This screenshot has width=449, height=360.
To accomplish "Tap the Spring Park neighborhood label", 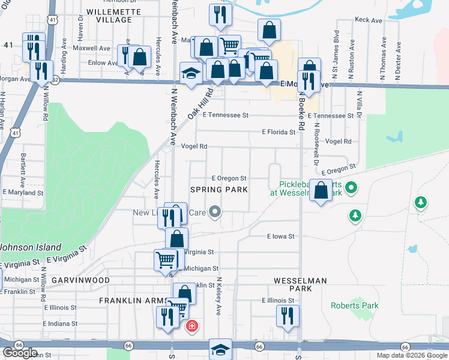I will tap(219, 190).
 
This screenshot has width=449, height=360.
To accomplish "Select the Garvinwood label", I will tap(80, 280).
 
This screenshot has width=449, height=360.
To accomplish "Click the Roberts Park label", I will tap(355, 305).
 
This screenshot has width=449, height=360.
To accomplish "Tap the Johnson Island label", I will tap(31, 247).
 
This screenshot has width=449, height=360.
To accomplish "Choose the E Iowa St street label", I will tap(281, 237).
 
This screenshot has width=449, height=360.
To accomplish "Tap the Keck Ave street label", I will tap(369, 20).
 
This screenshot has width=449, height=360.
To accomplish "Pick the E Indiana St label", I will tap(61, 323).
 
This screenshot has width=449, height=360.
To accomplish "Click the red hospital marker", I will tap(192, 326).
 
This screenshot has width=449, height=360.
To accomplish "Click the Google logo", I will tap(20, 353).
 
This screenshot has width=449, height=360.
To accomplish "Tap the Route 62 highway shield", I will tap(55, 79).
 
